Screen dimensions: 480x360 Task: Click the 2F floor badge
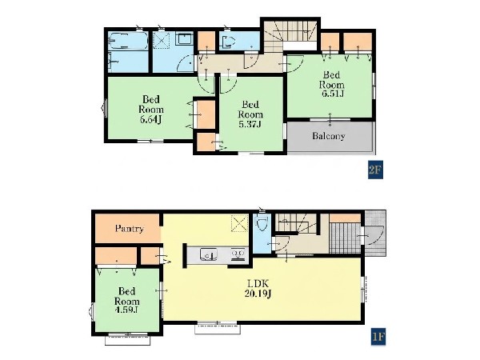pyautogui.click(x=375, y=170)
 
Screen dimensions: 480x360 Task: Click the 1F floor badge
pyautogui.click(x=378, y=337)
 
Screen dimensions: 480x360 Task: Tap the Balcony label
pyautogui.click(x=329, y=136)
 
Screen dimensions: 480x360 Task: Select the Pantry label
pyautogui.click(x=129, y=228)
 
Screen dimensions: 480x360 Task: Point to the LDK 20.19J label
pyautogui.click(x=258, y=289)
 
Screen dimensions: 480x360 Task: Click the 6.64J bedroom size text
pyautogui.click(x=150, y=119)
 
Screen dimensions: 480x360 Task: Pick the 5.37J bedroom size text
pyautogui.click(x=250, y=124)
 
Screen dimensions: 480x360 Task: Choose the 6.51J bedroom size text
pyautogui.click(x=332, y=94)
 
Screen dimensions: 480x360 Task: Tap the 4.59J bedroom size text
pyautogui.click(x=126, y=310)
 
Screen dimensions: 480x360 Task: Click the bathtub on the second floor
pyautogui.click(x=129, y=41)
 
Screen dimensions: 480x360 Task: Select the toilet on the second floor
pyautogui.click(x=228, y=42)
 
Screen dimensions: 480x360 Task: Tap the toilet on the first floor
pyautogui.click(x=261, y=224)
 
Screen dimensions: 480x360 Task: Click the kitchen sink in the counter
pyautogui.click(x=209, y=254)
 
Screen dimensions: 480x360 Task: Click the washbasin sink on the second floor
pyautogui.click(x=185, y=39)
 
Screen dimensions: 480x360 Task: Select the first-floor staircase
pyautogui.click(x=296, y=224)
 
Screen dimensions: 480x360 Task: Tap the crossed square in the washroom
pyautogui.click(x=161, y=40)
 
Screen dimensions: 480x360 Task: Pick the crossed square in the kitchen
pyautogui.click(x=239, y=223)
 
